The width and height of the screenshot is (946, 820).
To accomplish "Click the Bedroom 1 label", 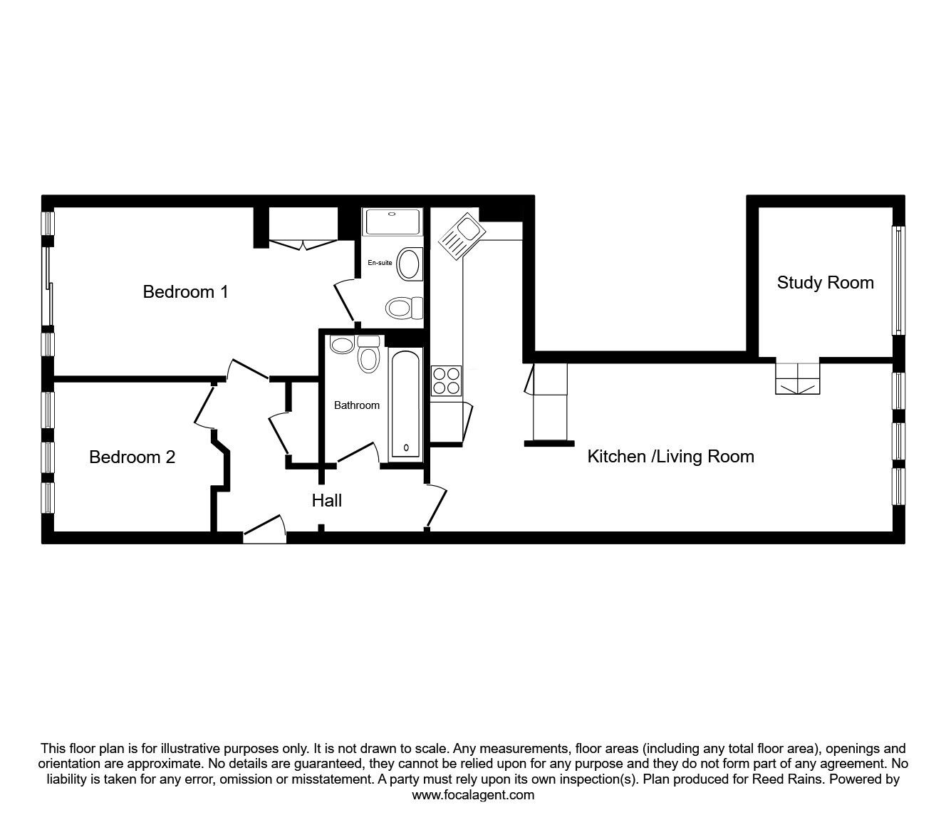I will click(x=185, y=291).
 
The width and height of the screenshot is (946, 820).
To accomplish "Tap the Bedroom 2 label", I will click(x=132, y=457).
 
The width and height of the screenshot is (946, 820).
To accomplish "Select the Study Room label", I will click(x=825, y=283).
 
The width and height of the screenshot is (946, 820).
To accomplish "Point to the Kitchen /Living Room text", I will click(x=670, y=457).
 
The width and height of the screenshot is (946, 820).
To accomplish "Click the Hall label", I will click(x=326, y=501).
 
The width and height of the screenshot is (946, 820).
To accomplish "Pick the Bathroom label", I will click(x=357, y=405).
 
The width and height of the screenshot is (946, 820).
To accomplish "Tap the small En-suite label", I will click(x=380, y=263).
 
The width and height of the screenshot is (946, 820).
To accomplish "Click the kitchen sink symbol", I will click(x=461, y=234).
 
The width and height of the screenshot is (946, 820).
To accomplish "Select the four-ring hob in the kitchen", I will click(x=446, y=380).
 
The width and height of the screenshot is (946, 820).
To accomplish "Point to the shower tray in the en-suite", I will click(x=392, y=222).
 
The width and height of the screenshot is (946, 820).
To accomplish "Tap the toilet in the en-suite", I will click(x=402, y=308).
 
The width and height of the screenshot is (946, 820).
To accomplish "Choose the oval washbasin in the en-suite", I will click(x=410, y=264).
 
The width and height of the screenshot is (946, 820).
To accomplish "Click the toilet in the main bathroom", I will click(x=368, y=355).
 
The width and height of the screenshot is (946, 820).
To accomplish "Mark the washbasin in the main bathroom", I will click(x=343, y=345).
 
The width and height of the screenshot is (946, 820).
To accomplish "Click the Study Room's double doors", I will click(x=798, y=379).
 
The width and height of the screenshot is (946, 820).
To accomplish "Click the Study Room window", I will click(x=899, y=281).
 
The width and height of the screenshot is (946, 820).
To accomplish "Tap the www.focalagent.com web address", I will click(x=473, y=795).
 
